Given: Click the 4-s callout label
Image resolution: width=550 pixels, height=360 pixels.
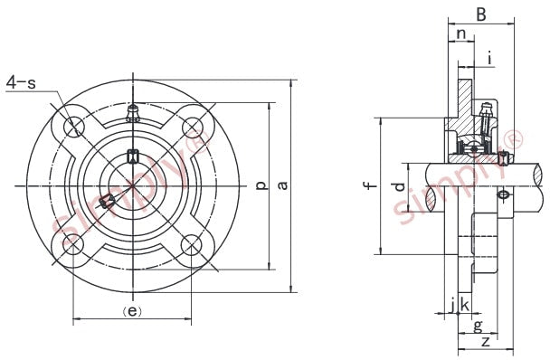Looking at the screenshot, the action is (x=21, y=83).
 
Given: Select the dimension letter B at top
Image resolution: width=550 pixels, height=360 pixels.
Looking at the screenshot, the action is (x=481, y=14).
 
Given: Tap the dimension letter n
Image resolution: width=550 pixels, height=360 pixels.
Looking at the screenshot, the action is (x=461, y=34).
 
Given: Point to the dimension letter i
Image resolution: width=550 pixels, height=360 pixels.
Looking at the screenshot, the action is (x=490, y=58).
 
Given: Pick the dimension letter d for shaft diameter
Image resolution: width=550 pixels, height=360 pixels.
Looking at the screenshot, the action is (x=400, y=186).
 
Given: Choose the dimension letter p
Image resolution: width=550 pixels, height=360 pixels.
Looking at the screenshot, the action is (x=261, y=185).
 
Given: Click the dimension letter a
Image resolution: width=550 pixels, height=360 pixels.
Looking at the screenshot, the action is (x=283, y=185).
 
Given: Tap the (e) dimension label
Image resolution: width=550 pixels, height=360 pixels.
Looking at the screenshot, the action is (x=132, y=311).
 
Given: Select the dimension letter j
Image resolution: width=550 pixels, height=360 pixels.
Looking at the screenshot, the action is (x=453, y=305).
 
